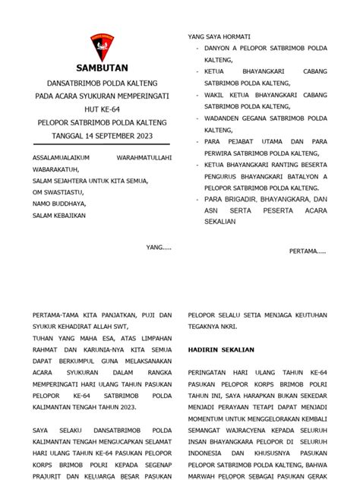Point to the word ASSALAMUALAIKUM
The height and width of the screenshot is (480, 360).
pos(58,157)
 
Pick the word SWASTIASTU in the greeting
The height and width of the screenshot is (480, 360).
pos(63,192)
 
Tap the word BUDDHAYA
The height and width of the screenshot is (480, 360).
pos(69,204)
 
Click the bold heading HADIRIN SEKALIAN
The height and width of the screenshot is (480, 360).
pos(221,349)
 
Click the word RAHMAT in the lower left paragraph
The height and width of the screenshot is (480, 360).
pos(45,349)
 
